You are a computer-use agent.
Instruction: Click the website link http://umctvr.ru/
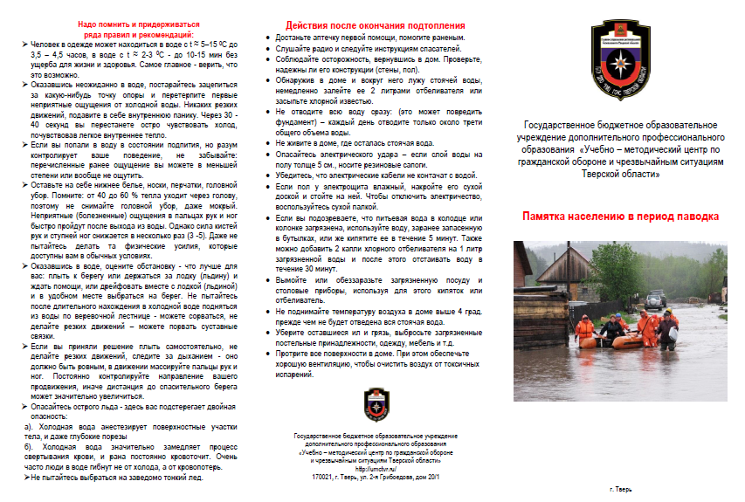375,469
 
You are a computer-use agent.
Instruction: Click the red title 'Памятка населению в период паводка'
620,216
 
